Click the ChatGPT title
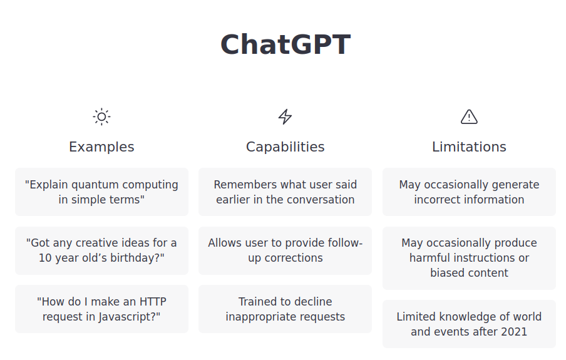coord(285,44)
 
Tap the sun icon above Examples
coord(101,116)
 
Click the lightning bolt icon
coord(285,116)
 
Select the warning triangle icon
coord(469,116)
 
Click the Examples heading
coord(101,147)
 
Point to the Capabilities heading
coord(285,147)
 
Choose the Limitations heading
coord(469,147)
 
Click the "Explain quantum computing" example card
coord(101,192)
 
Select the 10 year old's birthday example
coord(101,250)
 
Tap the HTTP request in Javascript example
coord(101,309)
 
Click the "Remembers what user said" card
coord(285,192)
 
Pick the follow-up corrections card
coord(285,250)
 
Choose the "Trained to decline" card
coord(285,309)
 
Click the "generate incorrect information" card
coord(469,192)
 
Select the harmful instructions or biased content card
coord(469,258)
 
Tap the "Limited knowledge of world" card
coord(469,324)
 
